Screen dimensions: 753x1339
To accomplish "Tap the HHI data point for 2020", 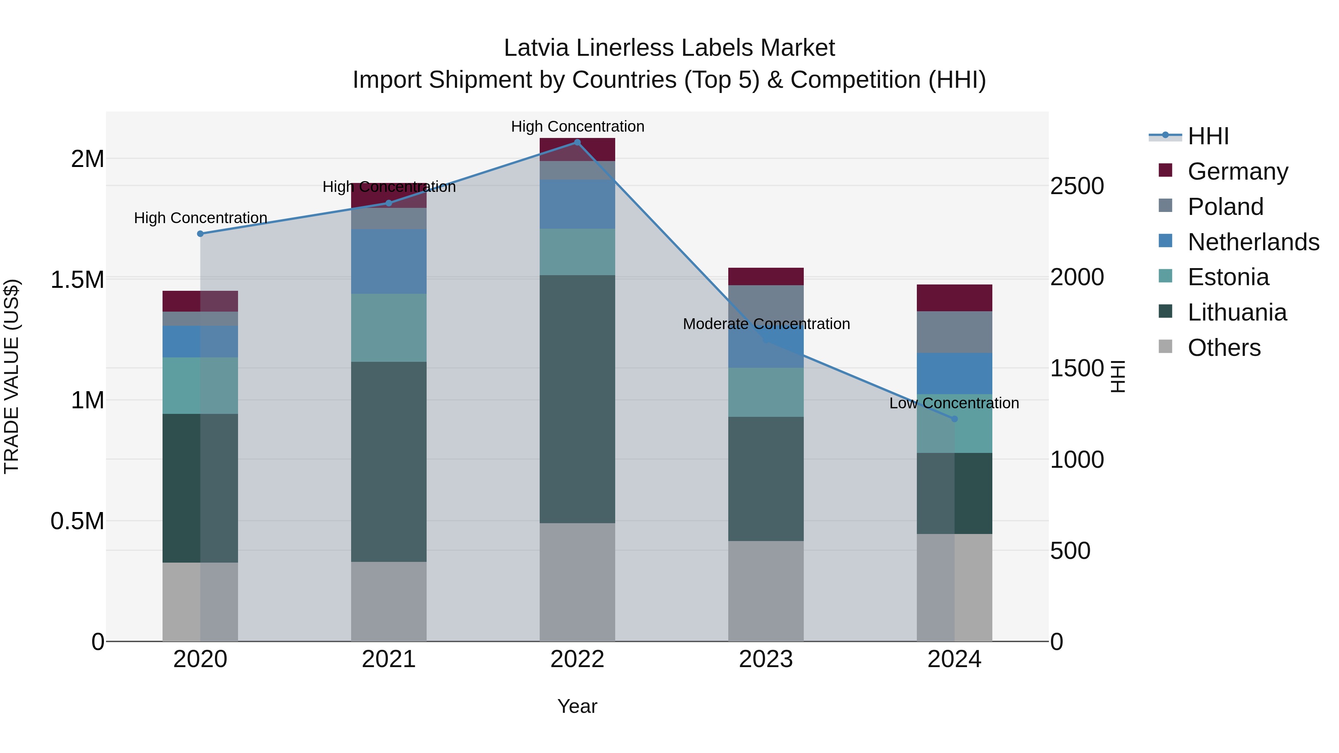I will (x=200, y=234).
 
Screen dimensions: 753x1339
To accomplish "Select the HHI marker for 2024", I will (x=954, y=419).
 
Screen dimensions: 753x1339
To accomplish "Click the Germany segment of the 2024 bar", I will (x=954, y=298).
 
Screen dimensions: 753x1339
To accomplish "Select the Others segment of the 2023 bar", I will (x=766, y=591).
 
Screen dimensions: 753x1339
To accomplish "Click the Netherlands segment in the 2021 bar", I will (x=389, y=261).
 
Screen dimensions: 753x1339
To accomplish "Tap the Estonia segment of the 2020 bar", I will (x=200, y=386).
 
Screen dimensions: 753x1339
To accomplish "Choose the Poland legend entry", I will (x=1225, y=207).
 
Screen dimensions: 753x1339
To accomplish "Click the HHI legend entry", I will (x=1208, y=136).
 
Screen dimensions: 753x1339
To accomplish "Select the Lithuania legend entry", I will (x=1237, y=312).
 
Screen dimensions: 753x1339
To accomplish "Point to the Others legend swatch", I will (x=1166, y=347).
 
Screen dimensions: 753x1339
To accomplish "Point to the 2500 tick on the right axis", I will (x=1077, y=186).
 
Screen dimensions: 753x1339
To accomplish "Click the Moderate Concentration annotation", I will (x=766, y=324).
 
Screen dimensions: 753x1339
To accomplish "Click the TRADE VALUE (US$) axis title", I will (x=12, y=376).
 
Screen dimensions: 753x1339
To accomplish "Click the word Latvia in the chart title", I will (x=536, y=48).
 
